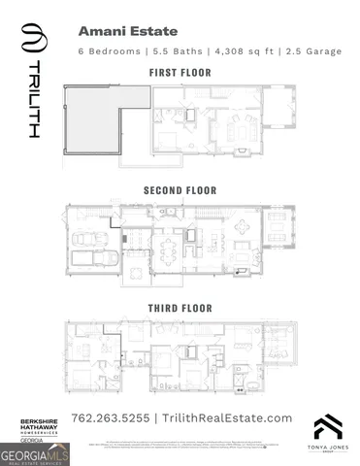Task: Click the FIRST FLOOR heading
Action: point(180,73)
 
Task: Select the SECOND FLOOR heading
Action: point(180,190)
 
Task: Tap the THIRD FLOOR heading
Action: point(180,308)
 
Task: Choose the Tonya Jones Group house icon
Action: point(327,425)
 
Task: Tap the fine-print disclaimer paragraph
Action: point(180,443)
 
